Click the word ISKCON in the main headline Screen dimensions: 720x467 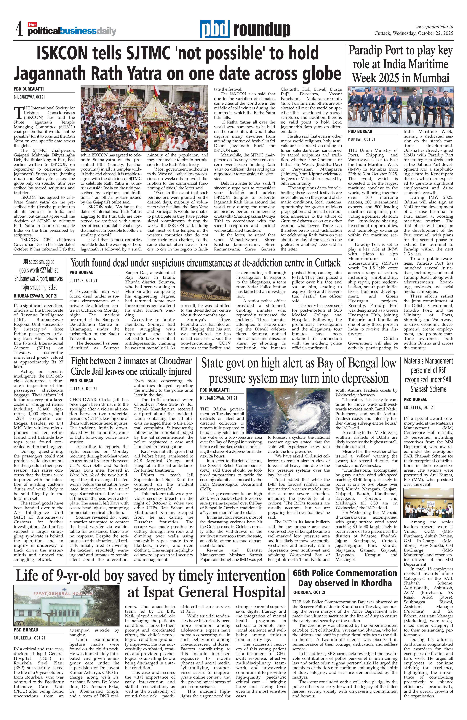72,53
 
